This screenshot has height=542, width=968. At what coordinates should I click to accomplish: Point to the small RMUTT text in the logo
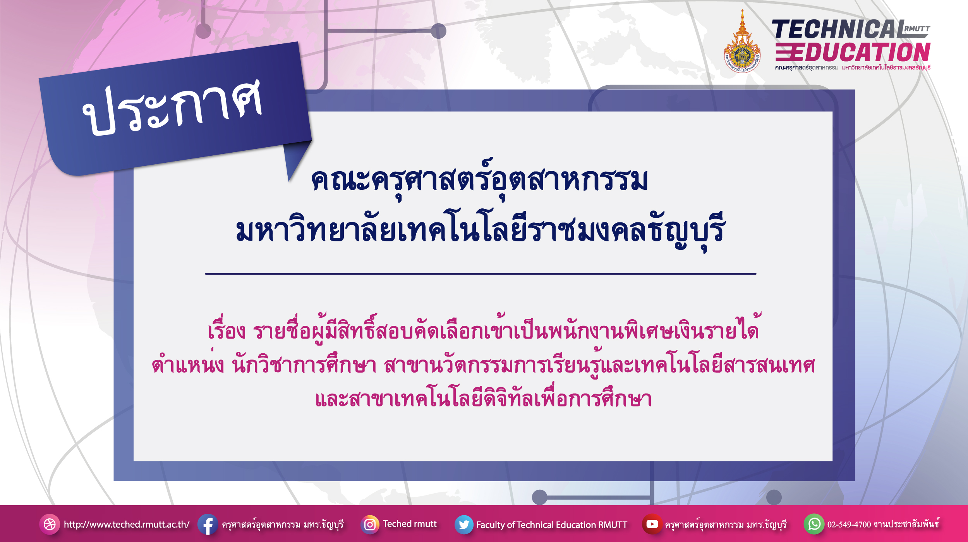click(917, 29)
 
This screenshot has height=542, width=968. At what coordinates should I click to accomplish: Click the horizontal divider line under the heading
click(481, 274)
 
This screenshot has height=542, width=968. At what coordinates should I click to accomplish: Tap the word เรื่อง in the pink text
click(227, 330)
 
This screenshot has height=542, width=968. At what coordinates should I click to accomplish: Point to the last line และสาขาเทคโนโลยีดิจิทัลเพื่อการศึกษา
click(483, 398)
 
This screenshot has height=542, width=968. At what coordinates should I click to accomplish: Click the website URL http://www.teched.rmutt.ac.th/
click(127, 525)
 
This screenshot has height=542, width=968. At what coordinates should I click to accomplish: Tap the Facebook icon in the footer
click(208, 524)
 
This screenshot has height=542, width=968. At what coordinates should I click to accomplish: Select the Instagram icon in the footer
click(370, 525)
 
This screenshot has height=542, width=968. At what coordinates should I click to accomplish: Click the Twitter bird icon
click(464, 525)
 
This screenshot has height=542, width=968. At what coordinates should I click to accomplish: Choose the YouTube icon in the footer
click(652, 524)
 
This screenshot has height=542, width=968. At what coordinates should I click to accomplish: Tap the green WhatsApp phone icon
click(814, 524)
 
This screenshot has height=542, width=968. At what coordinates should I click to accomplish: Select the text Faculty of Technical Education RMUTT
click(551, 525)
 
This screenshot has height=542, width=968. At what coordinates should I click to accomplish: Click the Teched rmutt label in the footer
click(410, 524)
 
